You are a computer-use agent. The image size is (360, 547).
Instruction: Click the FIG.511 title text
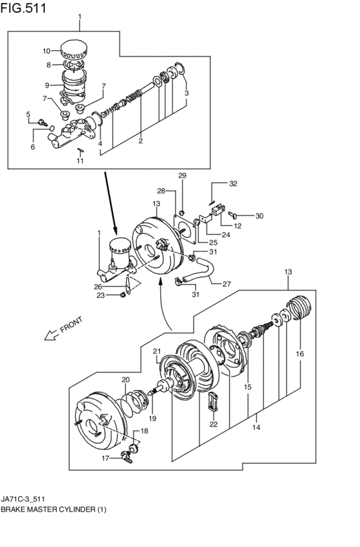(x=23, y=8)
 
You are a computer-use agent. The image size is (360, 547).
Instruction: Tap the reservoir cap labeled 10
(x=73, y=50)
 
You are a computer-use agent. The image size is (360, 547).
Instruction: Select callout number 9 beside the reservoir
(x=48, y=85)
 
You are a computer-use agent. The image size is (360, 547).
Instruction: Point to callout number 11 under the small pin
(x=80, y=161)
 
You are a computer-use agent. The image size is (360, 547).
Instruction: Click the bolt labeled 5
(x=43, y=122)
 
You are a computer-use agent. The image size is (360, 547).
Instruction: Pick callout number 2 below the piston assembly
(x=141, y=141)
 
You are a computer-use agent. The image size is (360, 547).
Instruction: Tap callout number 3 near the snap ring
(x=186, y=93)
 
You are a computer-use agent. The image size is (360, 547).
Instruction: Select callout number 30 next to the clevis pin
(x=259, y=216)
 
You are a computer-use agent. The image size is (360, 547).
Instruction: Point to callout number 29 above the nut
(x=183, y=175)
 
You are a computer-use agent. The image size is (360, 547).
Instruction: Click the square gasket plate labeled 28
(x=184, y=229)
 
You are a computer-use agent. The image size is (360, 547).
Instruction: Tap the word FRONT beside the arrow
(x=71, y=325)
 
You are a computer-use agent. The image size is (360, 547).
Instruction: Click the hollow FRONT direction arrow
(x=51, y=336)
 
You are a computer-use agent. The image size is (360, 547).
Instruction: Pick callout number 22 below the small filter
(x=213, y=424)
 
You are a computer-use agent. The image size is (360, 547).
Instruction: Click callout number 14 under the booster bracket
(x=256, y=427)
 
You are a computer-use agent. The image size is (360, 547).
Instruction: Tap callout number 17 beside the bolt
(x=105, y=458)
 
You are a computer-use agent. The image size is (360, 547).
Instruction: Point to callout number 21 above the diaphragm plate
(x=157, y=351)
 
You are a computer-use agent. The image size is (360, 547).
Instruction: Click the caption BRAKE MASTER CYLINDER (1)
(x=54, y=510)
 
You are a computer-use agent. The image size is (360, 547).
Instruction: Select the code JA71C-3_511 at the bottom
(x=22, y=499)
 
